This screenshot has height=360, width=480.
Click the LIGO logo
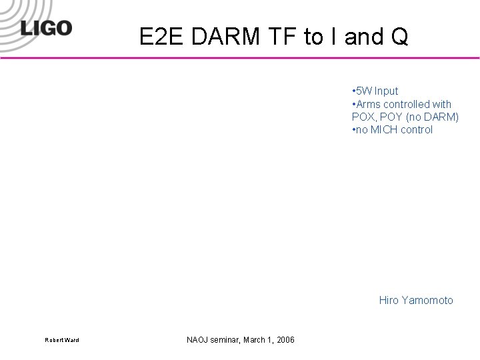click(x=45, y=29)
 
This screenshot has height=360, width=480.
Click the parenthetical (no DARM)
click(x=433, y=117)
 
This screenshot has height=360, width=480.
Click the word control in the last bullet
click(x=417, y=129)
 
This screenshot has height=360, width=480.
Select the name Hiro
click(x=389, y=300)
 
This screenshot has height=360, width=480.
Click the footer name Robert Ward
click(x=62, y=341)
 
